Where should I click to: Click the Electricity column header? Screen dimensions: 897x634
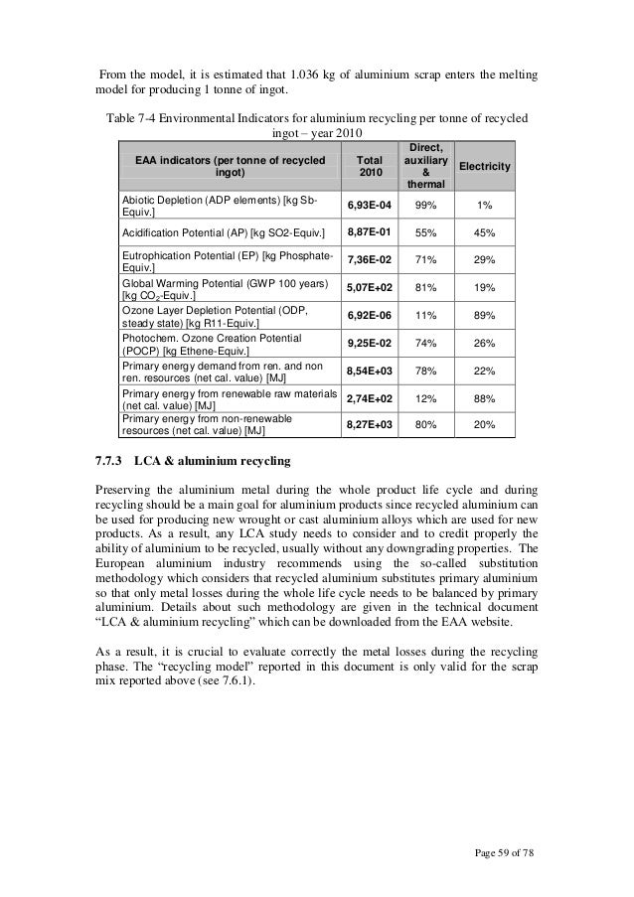pos(485,169)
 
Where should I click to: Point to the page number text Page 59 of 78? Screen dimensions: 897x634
pos(503,852)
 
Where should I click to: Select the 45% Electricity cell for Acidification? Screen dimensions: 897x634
pos(485,231)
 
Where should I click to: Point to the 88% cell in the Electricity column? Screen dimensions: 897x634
pos(485,397)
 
